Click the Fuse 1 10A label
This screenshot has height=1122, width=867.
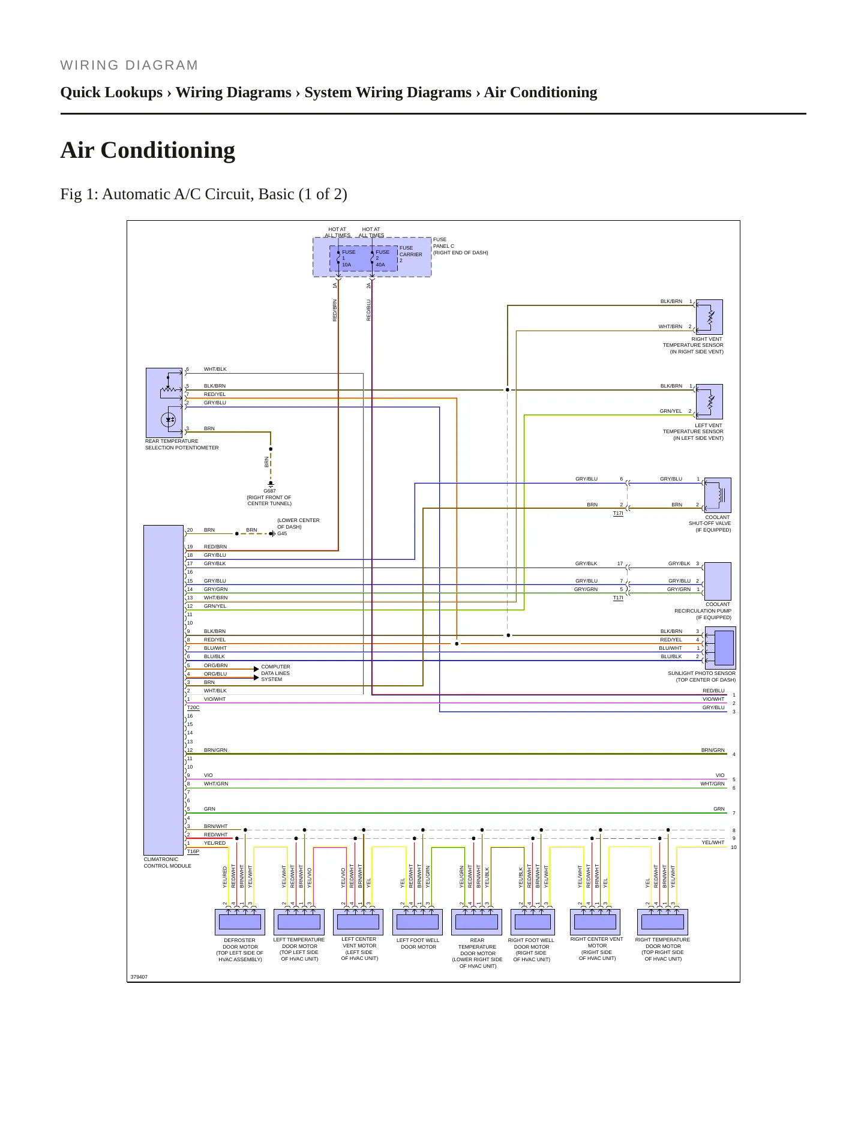click(349, 258)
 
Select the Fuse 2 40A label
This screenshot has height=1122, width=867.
click(382, 258)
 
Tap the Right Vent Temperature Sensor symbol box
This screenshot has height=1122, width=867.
click(709, 317)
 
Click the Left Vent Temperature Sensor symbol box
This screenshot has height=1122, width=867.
click(709, 401)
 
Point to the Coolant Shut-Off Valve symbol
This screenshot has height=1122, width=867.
click(718, 495)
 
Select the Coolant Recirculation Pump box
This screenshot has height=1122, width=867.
click(718, 581)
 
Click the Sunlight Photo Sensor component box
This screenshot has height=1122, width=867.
click(720, 648)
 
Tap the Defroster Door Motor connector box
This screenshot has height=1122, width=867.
click(240, 922)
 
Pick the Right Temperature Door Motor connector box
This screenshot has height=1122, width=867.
click(662, 922)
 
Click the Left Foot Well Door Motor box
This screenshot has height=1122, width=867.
click(418, 922)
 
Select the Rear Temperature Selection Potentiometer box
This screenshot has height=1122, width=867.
click(164, 403)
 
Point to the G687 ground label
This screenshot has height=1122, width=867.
click(269, 491)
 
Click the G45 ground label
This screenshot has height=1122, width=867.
click(282, 533)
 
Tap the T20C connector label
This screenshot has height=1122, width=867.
click(193, 707)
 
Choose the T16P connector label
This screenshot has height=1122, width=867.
click(193, 851)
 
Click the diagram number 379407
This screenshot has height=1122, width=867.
click(139, 977)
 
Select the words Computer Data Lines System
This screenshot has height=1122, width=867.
click(275, 673)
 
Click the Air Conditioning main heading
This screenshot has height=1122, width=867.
click(148, 150)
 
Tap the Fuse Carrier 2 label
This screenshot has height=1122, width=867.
click(411, 254)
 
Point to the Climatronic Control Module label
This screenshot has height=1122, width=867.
click(167, 863)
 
